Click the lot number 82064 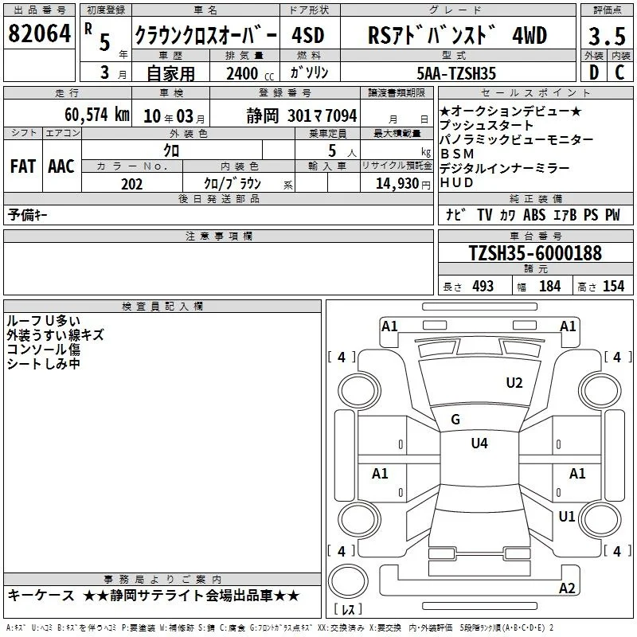tap(39, 33)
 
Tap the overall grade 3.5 tap(607, 36)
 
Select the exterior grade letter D tap(594, 72)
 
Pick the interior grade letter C tap(619, 72)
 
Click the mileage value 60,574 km tap(97, 115)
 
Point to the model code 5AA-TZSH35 tap(456, 73)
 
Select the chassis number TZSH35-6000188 tap(535, 253)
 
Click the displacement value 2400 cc tap(250, 73)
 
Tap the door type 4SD tap(308, 36)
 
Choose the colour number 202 tap(131, 184)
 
